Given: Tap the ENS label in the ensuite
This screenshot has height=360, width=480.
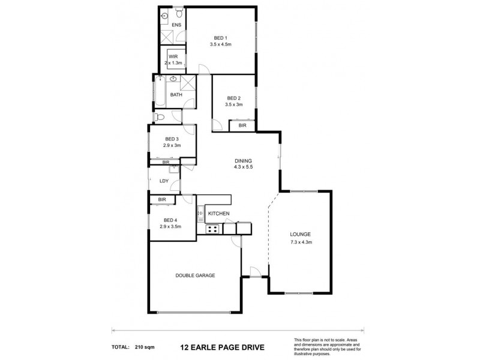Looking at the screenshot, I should (176, 25).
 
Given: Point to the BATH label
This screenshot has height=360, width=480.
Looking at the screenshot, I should (176, 95).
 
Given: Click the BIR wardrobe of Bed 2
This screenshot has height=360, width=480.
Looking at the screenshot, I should (242, 125).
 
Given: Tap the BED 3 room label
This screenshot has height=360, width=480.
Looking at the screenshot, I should (172, 139).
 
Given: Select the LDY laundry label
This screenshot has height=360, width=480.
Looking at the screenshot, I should (164, 181).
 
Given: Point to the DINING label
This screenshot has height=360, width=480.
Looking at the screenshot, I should (242, 161).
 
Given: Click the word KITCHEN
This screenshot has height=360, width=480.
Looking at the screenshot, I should (219, 213).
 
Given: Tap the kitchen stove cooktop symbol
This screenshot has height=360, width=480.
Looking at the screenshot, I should (212, 229).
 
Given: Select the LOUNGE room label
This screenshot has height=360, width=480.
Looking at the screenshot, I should (301, 235).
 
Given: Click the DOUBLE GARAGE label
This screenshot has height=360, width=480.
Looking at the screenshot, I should (195, 275).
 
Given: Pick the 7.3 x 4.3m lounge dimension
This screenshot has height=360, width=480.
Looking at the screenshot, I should (301, 242).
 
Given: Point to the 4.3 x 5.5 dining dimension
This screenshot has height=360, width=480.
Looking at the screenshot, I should (242, 168).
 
